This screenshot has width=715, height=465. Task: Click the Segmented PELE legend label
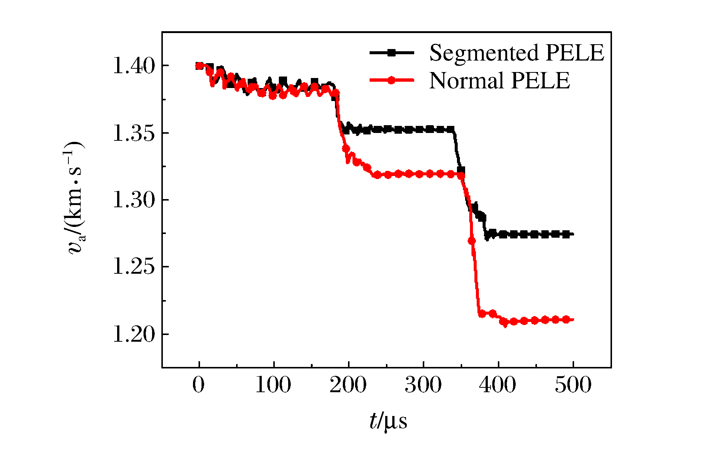(516, 53)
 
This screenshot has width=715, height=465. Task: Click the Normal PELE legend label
(499, 81)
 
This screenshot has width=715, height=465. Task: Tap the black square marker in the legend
(391, 53)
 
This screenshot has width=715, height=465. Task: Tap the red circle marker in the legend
(391, 80)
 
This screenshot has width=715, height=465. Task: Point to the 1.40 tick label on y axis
(133, 66)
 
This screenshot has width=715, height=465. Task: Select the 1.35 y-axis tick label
(133, 133)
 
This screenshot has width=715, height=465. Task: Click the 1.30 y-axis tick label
(133, 200)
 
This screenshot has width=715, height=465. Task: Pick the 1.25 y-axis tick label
(133, 267)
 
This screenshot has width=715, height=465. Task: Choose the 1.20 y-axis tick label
(133, 334)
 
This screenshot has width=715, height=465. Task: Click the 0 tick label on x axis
(199, 385)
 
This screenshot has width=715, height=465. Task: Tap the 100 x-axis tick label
(273, 385)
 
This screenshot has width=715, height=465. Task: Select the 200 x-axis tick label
(348, 385)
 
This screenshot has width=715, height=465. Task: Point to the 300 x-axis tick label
(423, 385)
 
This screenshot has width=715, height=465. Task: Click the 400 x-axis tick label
(498, 385)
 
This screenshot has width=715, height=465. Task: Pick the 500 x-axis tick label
(573, 385)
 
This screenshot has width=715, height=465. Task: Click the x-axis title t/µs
(388, 422)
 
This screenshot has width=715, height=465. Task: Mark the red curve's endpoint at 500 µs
(573, 319)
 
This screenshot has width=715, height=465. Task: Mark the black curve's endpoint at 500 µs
(573, 234)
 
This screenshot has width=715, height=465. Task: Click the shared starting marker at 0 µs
(199, 66)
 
